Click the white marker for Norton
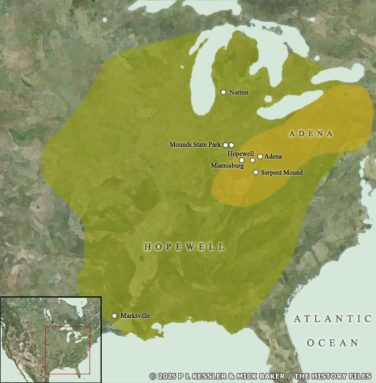click(223, 92)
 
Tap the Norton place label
click(238, 93)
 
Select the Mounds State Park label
click(196, 145)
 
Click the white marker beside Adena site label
click(260, 156)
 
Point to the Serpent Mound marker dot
click(256, 172)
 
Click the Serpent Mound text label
click(281, 173)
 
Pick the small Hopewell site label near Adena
click(241, 153)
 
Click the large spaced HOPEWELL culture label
click(185, 246)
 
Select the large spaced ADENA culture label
click(312, 134)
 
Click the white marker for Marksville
click(115, 316)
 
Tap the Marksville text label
click(135, 316)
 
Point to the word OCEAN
click(332, 343)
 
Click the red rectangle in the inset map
click(68, 349)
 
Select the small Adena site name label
click(274, 156)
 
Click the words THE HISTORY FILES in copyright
click(337, 376)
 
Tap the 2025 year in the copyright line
click(166, 376)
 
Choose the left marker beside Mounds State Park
click(226, 145)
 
